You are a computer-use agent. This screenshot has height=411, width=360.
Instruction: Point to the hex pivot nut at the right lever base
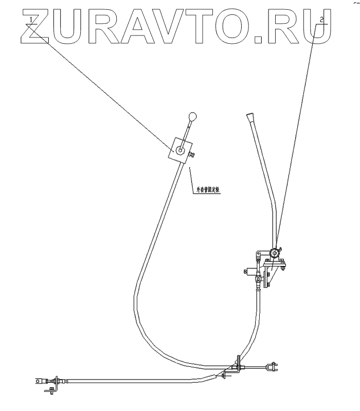tap(275, 253)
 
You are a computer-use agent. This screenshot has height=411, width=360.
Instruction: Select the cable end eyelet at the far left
tap(39, 381)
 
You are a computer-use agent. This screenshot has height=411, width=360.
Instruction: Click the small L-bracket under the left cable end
tap(49, 392)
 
